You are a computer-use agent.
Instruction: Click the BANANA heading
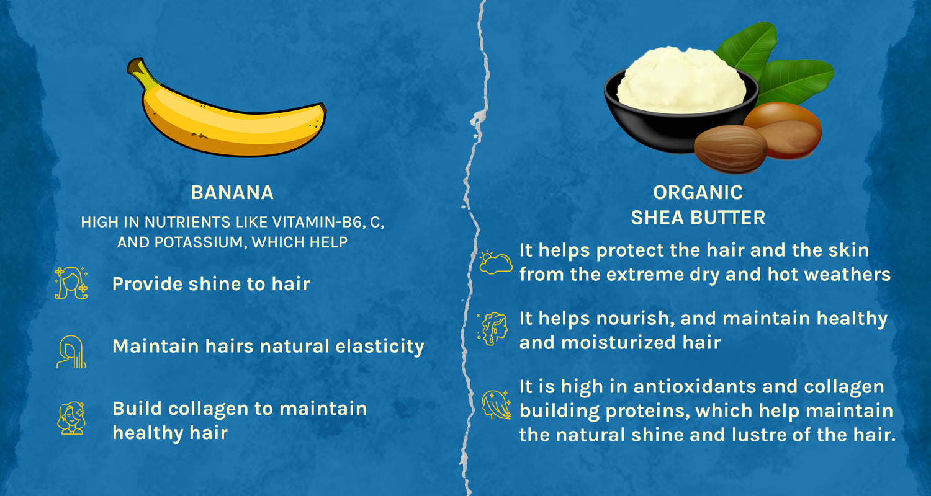coord(232,193)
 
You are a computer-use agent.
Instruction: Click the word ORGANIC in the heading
coord(698,193)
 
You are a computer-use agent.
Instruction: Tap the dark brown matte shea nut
coord(731,149)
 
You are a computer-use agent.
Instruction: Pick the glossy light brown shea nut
coord(783,130)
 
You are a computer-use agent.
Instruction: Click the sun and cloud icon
coord(495,262)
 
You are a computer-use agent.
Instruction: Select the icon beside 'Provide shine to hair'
coord(71,283)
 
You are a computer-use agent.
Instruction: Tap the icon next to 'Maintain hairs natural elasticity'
coord(71,352)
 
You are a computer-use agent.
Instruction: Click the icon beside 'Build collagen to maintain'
coord(71,418)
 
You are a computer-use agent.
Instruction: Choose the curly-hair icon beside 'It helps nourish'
coord(493,329)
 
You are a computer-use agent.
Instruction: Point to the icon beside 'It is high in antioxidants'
coord(496,404)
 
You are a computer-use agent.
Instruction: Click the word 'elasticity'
coord(379,347)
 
